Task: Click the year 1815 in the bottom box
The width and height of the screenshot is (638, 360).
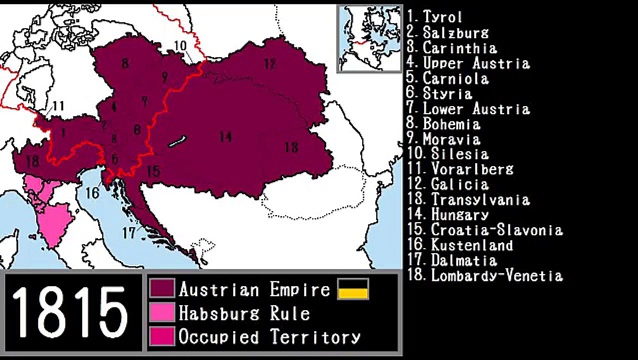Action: pos(69,312)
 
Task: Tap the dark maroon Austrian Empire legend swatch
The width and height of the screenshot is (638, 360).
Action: pos(162,288)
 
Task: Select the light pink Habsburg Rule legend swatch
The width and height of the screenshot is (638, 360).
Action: pos(162,312)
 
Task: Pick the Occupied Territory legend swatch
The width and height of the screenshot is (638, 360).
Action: pos(162,336)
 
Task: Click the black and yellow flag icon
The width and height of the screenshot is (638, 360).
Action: pos(353,289)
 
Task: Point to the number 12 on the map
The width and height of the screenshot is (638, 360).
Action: pos(270,63)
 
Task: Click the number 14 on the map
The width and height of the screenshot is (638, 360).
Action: pos(225,135)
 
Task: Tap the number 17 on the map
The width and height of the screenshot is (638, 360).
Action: pos(129,232)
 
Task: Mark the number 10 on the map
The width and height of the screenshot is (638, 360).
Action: pos(180,45)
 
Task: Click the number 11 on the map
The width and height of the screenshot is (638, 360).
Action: pos(58,105)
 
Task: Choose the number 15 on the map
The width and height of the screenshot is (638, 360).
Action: pos(153,171)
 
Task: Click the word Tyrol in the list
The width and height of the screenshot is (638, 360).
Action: pos(442,17)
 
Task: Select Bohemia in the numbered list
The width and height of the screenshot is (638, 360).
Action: pos(451,124)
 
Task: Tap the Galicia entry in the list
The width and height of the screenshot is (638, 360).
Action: pos(459,184)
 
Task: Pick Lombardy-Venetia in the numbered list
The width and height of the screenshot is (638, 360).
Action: pos(497,275)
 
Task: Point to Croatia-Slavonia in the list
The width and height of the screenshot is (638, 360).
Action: pos(496,230)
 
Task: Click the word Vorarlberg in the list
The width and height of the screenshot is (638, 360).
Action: pos(472,169)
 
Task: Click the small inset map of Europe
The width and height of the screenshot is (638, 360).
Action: pos(369,38)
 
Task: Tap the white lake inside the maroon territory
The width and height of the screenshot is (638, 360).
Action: pos(177,141)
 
